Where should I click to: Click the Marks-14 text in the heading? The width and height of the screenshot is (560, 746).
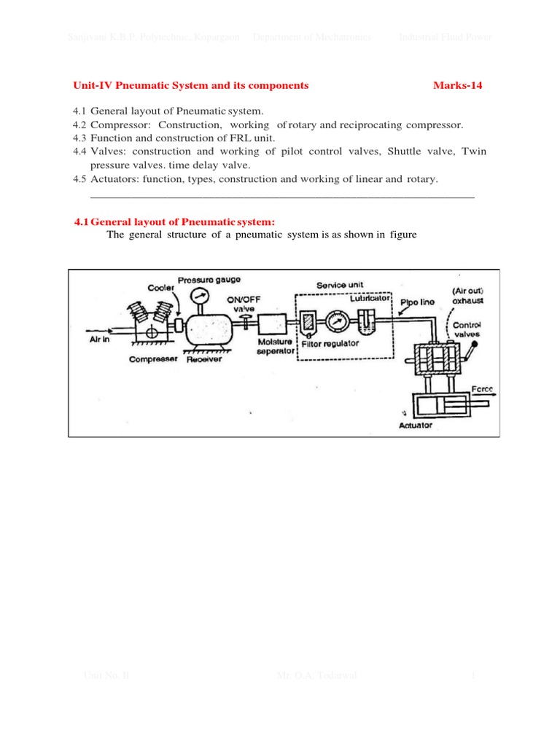(457, 85)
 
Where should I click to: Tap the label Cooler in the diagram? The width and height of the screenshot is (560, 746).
(161, 288)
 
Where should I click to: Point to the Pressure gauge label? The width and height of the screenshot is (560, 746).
(209, 279)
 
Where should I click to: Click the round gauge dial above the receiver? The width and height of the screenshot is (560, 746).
(199, 297)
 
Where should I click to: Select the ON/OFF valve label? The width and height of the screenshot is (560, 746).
(244, 303)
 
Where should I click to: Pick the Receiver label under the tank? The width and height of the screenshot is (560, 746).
(204, 359)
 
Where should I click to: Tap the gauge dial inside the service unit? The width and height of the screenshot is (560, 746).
(338, 321)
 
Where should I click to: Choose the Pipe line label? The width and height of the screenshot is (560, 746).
(418, 302)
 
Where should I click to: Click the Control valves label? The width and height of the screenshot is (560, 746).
(467, 330)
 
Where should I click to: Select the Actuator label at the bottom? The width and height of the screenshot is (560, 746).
(416, 425)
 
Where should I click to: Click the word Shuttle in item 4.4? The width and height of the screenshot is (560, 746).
(404, 152)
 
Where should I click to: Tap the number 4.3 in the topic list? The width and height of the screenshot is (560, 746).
(79, 138)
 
